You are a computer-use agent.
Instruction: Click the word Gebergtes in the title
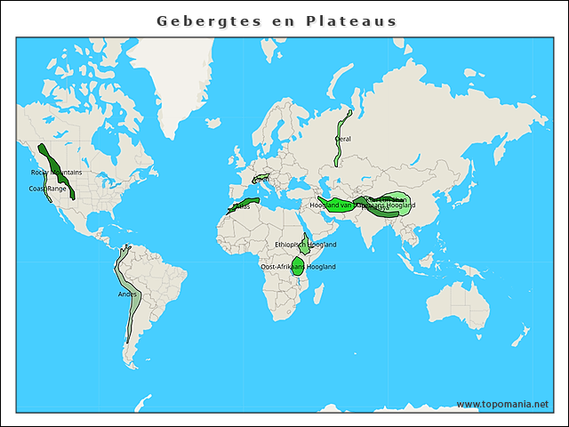(x=203, y=20)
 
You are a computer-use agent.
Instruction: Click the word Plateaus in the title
(x=349, y=20)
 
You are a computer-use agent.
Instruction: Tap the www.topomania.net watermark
(x=502, y=404)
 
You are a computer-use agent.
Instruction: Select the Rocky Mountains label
(x=56, y=172)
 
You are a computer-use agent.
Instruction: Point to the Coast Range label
(x=47, y=189)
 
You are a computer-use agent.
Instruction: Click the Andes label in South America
(x=127, y=294)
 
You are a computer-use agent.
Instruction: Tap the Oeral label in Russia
(x=342, y=139)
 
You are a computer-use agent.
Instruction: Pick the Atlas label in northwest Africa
(x=242, y=205)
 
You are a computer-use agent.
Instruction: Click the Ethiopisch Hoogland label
(x=305, y=244)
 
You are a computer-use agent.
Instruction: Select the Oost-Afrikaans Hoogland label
(x=297, y=266)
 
